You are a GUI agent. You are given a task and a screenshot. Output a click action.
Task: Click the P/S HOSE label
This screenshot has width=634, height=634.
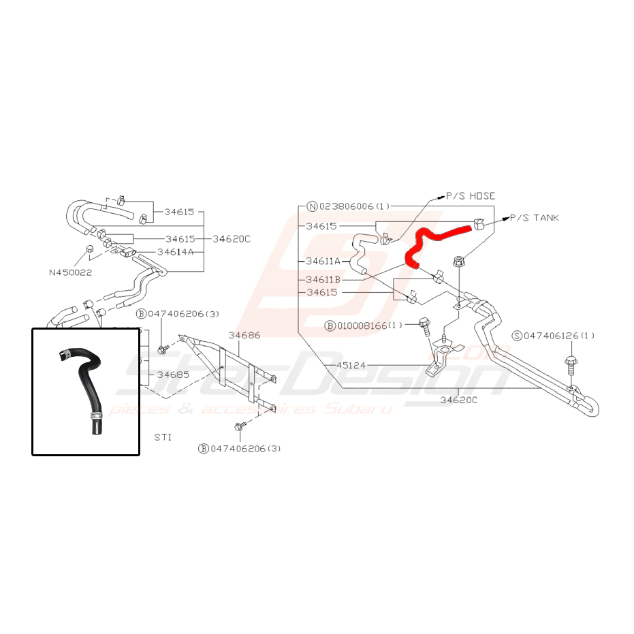click(x=470, y=195)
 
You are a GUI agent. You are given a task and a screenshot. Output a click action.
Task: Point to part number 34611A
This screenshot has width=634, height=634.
click(x=323, y=261)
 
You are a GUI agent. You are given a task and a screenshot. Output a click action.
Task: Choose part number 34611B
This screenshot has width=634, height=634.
click(x=323, y=279)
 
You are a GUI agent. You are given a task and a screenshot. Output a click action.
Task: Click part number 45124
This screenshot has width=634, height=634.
click(x=351, y=366)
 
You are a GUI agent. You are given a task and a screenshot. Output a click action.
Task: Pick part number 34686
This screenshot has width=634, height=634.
click(x=244, y=335)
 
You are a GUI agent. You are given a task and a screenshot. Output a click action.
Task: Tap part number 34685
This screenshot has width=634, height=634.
click(x=172, y=375)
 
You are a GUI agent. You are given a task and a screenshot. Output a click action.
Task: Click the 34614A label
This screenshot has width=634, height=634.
click(x=176, y=251)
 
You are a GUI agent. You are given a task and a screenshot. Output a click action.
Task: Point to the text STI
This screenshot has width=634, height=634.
click(x=163, y=437)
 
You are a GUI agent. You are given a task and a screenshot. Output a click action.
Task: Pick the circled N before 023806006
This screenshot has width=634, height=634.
click(x=313, y=206)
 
